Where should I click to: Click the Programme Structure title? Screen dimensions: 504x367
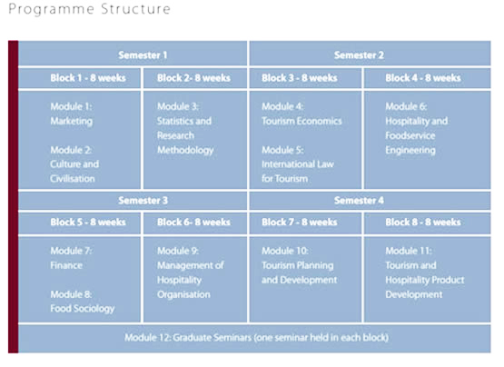89,9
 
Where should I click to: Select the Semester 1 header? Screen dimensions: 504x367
143,55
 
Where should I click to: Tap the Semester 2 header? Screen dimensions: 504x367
359,55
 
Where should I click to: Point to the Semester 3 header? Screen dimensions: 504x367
143,201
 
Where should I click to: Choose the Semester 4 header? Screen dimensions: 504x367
359,201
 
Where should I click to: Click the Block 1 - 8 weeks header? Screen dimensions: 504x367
88,78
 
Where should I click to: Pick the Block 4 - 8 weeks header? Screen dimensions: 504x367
423,78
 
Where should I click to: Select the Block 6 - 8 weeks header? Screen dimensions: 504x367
193,223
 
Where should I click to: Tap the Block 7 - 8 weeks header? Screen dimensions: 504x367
300,223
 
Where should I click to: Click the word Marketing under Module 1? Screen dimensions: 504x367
72,121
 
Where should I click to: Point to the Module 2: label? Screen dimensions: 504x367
71,150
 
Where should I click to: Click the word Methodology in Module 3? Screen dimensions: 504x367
185,150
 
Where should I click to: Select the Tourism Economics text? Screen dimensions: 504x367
301,121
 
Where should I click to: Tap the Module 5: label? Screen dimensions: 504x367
282,150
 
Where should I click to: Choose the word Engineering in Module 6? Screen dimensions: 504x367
410,150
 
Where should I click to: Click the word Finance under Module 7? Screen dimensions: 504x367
66,265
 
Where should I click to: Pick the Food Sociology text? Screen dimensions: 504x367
83,309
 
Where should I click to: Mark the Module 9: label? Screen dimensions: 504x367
178,251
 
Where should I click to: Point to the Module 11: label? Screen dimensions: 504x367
409,251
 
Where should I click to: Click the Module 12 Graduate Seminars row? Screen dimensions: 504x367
256,338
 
